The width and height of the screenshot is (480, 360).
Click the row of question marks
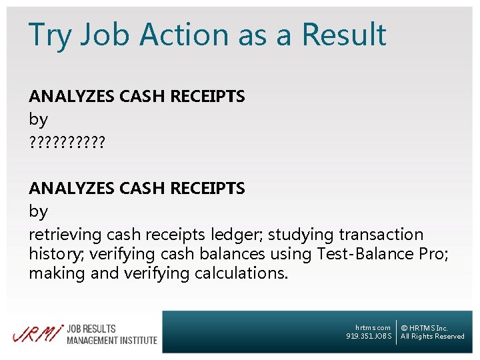(67, 143)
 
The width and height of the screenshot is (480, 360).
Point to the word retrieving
(65, 235)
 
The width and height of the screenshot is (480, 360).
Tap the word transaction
(381, 235)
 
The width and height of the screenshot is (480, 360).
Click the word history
(53, 254)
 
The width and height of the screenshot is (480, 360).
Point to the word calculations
(241, 273)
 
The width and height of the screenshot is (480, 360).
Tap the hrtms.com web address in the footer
(373, 327)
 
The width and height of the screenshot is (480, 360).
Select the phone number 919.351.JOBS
(369, 336)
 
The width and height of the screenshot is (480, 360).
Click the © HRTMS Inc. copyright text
(424, 328)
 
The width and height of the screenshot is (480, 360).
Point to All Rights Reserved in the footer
(432, 336)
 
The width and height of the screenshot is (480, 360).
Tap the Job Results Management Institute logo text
(111, 335)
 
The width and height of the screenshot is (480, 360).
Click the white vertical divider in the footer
(396, 331)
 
